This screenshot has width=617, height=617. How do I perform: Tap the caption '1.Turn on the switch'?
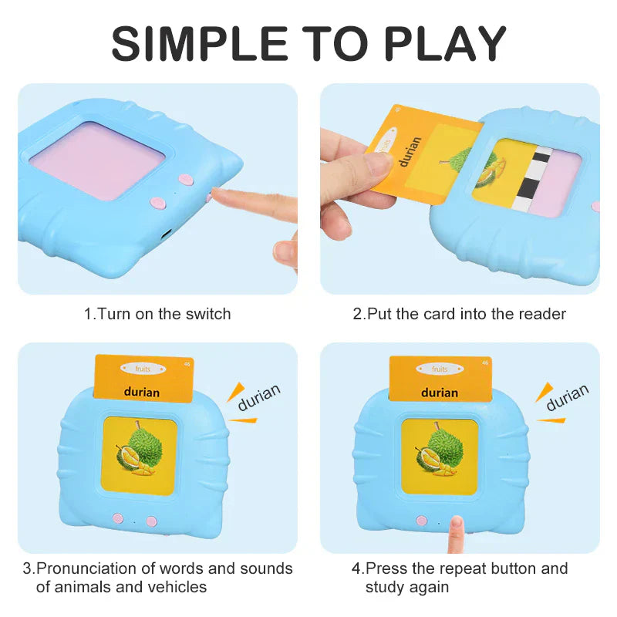pyautogui.click(x=157, y=314)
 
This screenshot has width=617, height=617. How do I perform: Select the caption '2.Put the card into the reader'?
pyautogui.click(x=460, y=314)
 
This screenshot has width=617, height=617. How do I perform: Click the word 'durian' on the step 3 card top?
pyautogui.click(x=142, y=392)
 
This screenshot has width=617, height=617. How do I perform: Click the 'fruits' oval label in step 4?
pyautogui.click(x=440, y=369)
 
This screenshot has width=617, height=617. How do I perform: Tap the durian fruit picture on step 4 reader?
pyautogui.click(x=439, y=457)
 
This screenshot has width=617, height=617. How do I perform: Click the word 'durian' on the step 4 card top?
pyautogui.click(x=440, y=392)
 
